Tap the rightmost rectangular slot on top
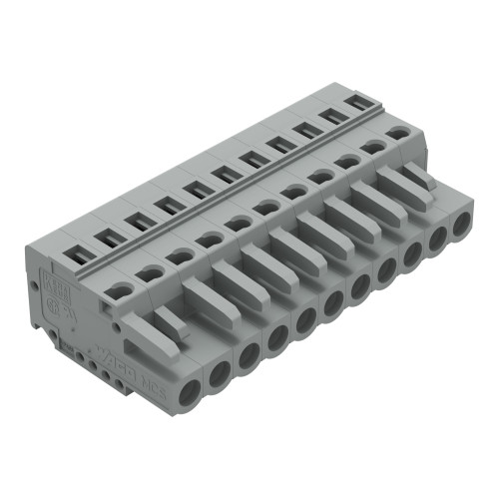tap(357, 102)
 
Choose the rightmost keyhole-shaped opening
tap(398, 132)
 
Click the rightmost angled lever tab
tap(409, 180)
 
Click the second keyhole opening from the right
tap(373, 146)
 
